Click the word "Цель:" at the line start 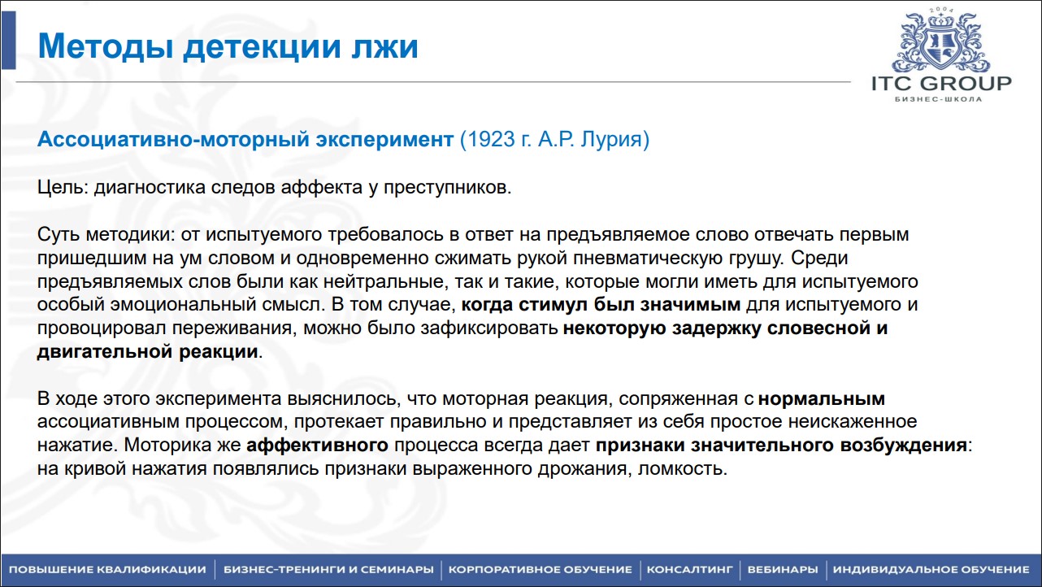pyautogui.click(x=63, y=188)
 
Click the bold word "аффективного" pyautogui.click(x=315, y=446)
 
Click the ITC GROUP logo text pyautogui.click(x=941, y=84)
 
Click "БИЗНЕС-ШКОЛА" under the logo pyautogui.click(x=941, y=100)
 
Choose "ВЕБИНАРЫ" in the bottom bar pyautogui.click(x=782, y=569)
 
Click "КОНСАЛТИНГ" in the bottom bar pyautogui.click(x=690, y=569)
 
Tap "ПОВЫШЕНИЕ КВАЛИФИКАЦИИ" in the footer pyautogui.click(x=107, y=569)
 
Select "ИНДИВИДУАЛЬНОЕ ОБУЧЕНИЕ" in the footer pyautogui.click(x=931, y=569)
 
